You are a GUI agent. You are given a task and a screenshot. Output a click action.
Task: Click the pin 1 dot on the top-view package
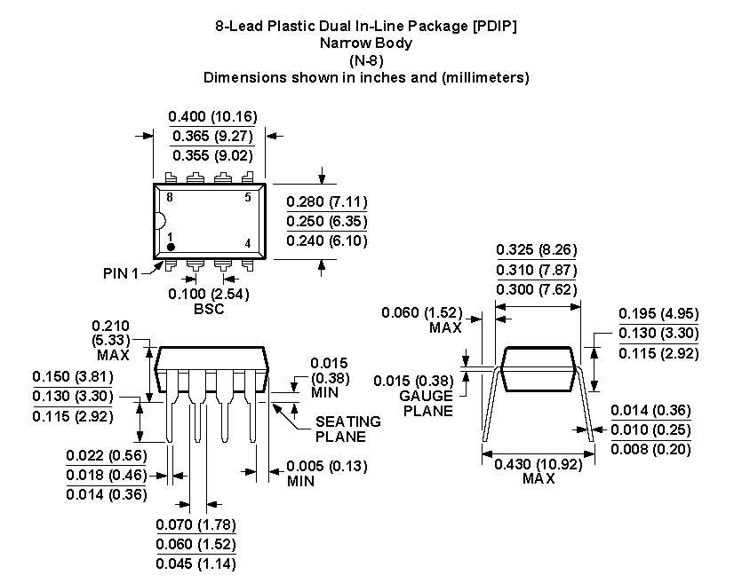point(172,247)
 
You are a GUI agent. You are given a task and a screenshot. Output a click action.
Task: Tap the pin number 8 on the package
point(169,198)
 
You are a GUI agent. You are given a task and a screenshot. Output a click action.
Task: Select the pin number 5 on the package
point(247,198)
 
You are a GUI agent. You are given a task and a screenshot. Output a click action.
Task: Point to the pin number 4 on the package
point(247,243)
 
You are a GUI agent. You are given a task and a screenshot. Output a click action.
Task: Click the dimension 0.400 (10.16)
point(213,116)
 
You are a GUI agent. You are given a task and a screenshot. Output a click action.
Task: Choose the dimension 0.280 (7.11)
point(327,201)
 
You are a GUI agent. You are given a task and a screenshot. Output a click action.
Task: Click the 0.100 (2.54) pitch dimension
point(208,294)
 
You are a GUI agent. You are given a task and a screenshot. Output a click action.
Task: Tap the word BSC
point(208,309)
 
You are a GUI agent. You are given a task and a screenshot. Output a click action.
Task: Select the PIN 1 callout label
point(122,273)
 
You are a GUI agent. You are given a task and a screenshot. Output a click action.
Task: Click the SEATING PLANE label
point(348,429)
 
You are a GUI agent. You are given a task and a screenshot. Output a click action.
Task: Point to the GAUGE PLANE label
point(426,403)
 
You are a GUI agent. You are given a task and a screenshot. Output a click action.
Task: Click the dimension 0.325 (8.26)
point(536,250)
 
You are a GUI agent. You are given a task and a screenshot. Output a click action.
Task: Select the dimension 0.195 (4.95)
point(658,313)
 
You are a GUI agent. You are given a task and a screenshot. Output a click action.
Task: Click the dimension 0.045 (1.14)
point(195,563)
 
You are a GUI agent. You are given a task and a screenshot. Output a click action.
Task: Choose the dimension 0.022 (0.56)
point(107,455)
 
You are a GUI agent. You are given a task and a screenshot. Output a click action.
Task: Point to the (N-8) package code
point(365,59)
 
